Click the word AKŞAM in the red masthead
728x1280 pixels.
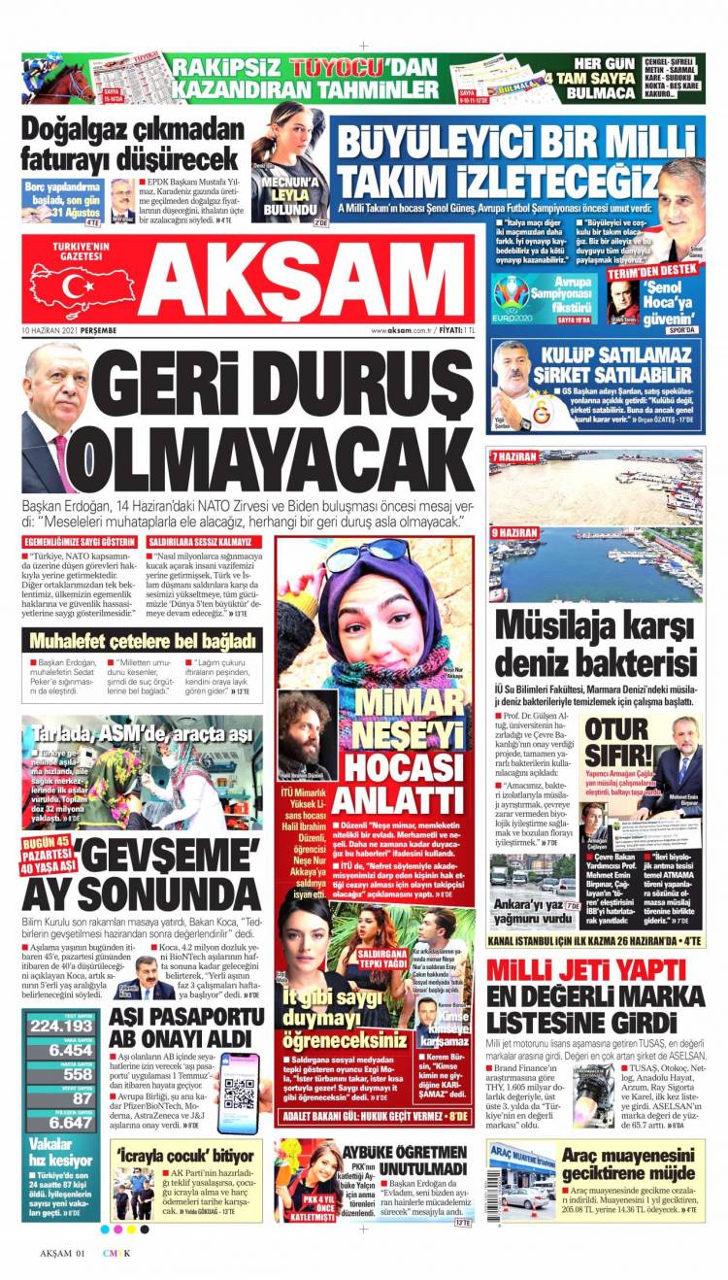301,283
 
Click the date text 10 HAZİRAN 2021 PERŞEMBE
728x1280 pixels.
70,330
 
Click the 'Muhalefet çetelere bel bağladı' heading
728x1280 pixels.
142,640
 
